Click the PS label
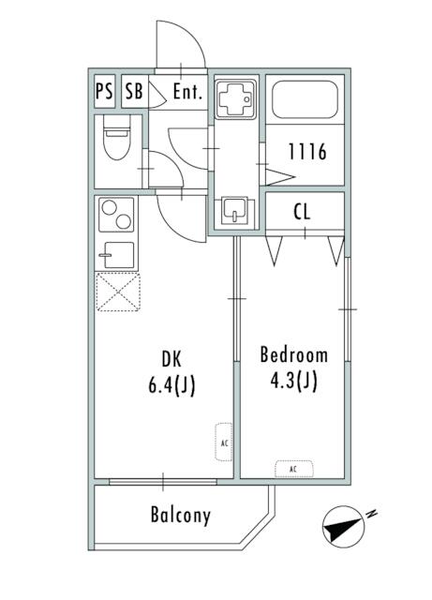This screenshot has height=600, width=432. click(104, 92)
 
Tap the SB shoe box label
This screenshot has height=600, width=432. click(134, 92)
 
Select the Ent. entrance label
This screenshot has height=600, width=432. click(187, 92)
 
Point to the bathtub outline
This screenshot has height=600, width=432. click(305, 99)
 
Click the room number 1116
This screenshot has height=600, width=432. click(307, 151)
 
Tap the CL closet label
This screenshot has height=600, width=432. click(303, 211)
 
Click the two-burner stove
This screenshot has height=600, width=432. click(116, 215)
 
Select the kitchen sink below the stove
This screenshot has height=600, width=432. click(117, 255)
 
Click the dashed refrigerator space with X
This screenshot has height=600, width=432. click(118, 292)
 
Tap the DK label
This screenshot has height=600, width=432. click(171, 359)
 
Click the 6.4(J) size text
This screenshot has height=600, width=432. click(171, 385)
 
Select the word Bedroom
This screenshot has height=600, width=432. click(294, 354)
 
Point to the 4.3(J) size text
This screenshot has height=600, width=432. click(294, 381)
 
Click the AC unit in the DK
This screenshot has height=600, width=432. click(224, 442)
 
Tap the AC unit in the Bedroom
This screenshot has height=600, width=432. click(294, 469)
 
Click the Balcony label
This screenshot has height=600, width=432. click(181, 515)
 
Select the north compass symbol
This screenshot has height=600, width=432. click(344, 527)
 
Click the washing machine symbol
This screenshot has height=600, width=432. click(235, 98)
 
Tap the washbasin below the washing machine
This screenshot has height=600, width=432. click(234, 210)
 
